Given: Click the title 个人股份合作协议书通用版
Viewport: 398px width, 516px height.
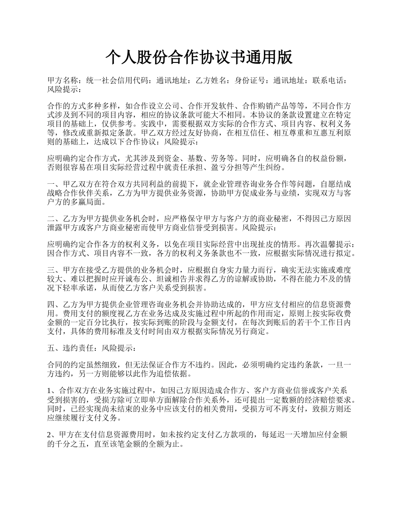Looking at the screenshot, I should pyautogui.click(x=199, y=57).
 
